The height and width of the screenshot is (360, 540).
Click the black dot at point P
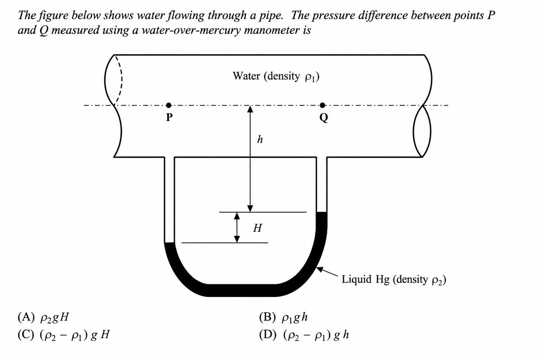point(169,105)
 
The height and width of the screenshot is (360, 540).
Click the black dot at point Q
point(322,105)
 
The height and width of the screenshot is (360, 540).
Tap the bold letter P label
point(169,117)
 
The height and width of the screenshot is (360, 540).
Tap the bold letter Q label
point(323,118)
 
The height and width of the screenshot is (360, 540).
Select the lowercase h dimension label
point(260,139)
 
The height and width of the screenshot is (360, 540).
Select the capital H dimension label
point(257,228)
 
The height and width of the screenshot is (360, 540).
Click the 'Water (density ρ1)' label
point(276,77)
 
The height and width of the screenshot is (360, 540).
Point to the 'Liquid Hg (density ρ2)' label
point(394,280)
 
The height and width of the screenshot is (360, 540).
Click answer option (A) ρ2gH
point(43,317)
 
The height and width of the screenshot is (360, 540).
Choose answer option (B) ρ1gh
point(283,317)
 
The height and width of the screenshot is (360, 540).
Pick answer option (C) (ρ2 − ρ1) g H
point(64,335)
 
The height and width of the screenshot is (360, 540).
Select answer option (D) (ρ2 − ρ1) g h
point(304,335)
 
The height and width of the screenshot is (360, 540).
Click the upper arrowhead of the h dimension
point(250,109)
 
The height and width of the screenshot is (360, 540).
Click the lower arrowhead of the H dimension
point(237,239)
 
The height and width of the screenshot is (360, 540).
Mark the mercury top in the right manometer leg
point(321,212)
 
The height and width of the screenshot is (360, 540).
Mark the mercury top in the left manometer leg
point(169,243)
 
